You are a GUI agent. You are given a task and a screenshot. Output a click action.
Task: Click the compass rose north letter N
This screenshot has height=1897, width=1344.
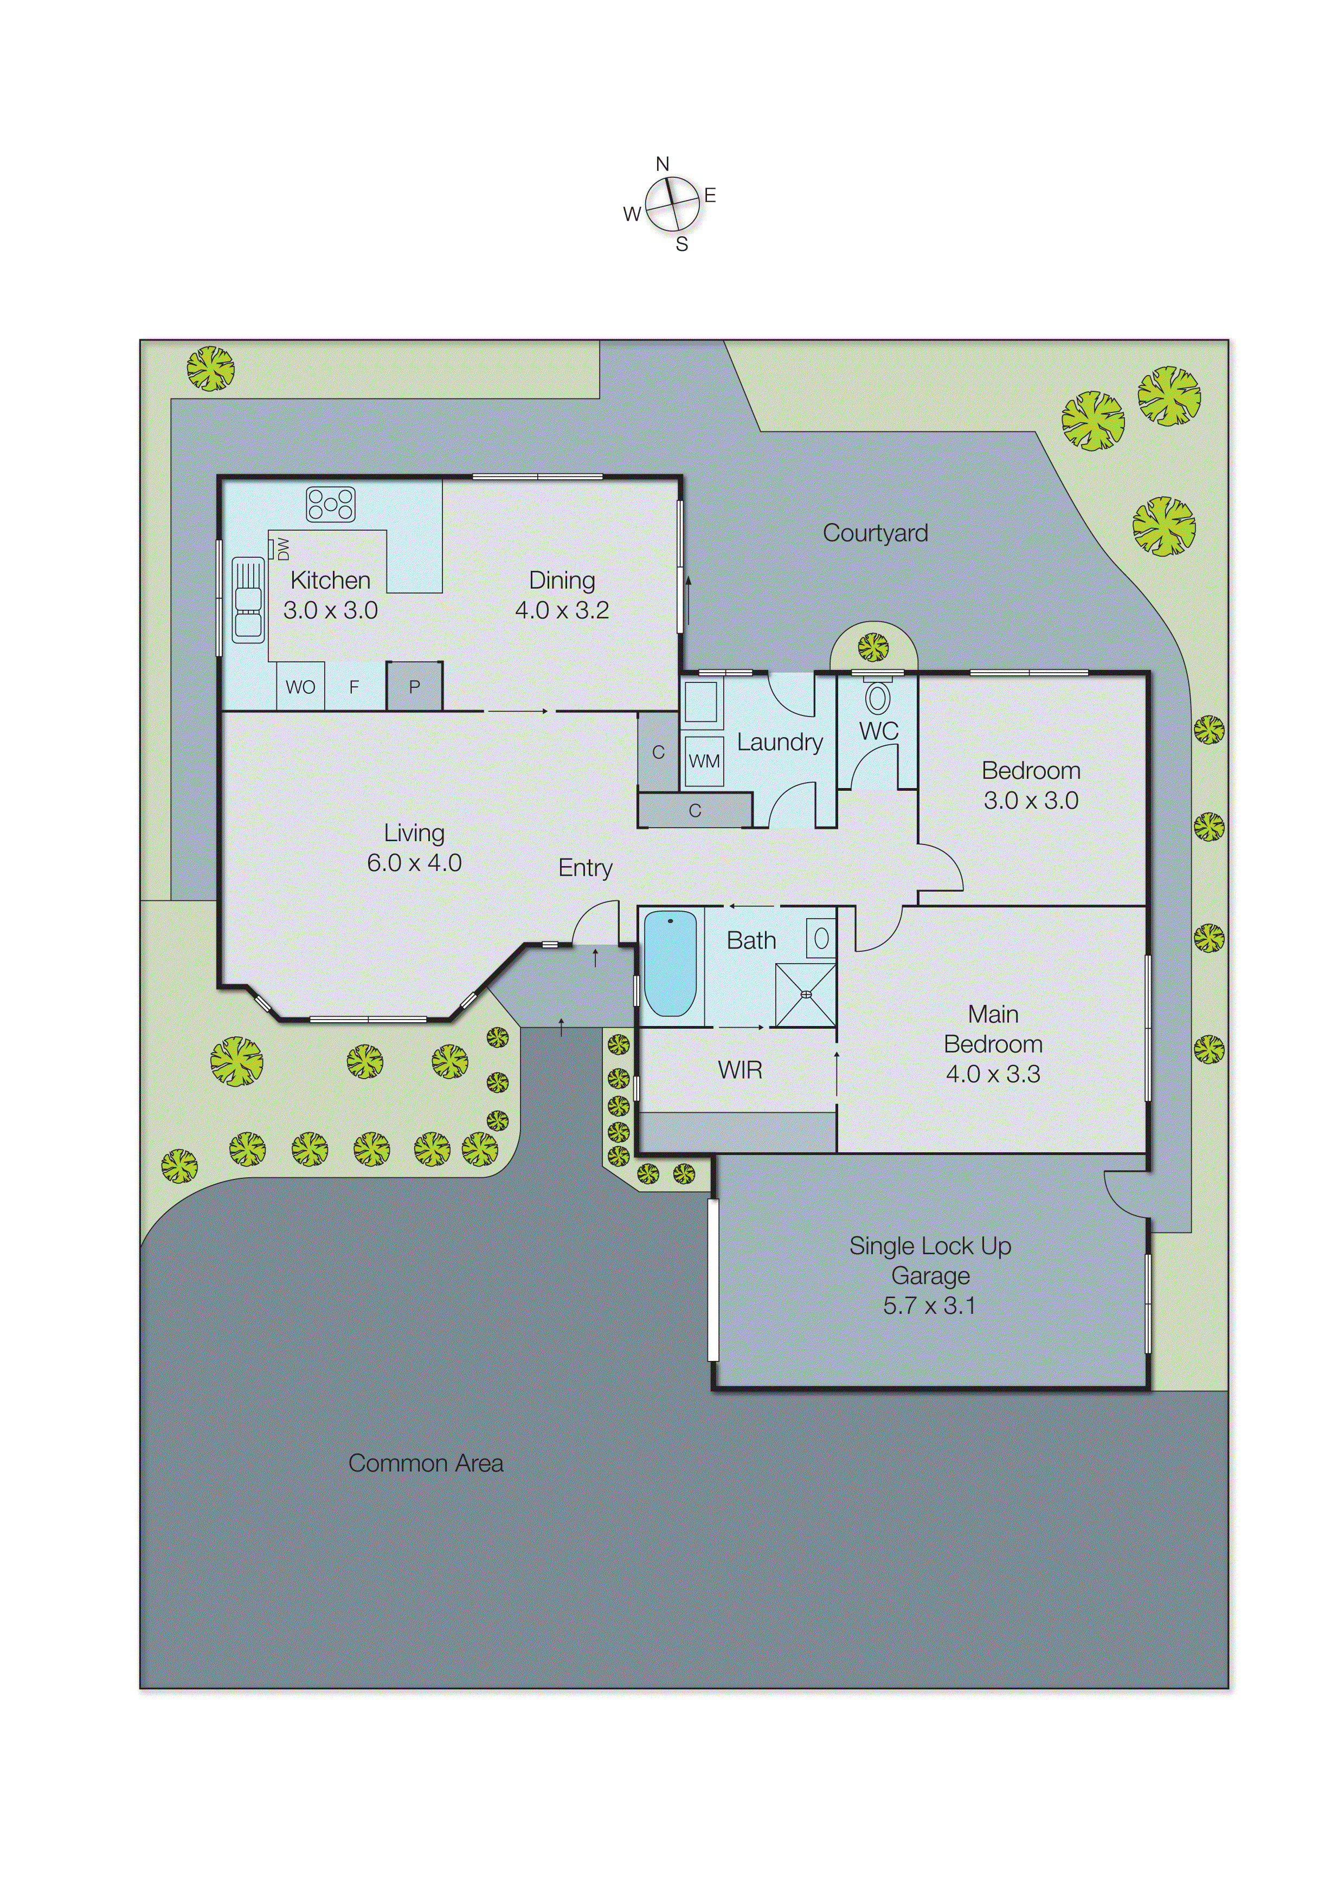tap(662, 164)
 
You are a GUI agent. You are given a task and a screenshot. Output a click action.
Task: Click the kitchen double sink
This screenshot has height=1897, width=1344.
tap(247, 600)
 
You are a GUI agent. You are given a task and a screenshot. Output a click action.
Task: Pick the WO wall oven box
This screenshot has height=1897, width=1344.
tap(300, 687)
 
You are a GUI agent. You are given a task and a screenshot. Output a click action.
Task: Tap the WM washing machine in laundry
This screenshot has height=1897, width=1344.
tap(704, 761)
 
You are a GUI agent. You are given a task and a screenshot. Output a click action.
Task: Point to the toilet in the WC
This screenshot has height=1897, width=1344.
tap(877, 696)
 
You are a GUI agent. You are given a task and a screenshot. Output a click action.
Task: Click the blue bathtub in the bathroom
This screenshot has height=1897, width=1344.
tap(670, 964)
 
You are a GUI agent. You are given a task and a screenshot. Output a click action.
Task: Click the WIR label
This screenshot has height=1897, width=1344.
tap(740, 1070)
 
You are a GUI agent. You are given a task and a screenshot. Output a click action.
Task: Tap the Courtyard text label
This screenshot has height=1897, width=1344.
tap(874, 533)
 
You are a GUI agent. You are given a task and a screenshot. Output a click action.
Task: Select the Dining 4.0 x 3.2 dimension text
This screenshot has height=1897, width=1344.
tap(562, 610)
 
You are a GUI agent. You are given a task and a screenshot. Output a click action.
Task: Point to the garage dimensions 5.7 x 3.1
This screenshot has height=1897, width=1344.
tap(929, 1306)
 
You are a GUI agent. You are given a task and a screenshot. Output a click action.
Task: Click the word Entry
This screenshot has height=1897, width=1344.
tap(585, 868)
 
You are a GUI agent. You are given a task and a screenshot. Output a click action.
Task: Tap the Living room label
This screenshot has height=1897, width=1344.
tap(414, 833)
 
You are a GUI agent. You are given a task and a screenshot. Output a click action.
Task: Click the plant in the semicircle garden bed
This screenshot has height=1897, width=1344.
tap(873, 647)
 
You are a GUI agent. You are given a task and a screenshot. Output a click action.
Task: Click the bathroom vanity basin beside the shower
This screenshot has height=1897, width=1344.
tap(821, 938)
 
